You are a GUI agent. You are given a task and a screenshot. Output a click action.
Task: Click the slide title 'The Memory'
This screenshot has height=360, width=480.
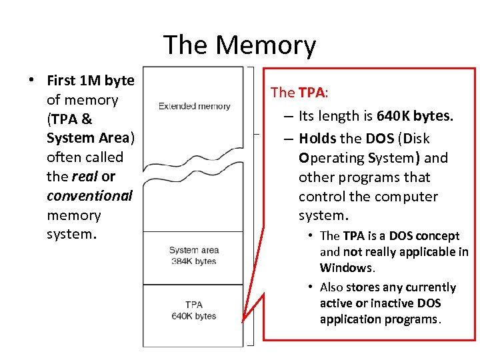239,45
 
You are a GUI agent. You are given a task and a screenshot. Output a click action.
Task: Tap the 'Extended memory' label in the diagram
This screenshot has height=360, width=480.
194,106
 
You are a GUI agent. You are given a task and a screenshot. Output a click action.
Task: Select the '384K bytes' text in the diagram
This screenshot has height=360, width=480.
194,261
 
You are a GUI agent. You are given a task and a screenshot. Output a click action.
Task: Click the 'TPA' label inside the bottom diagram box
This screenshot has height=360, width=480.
194,305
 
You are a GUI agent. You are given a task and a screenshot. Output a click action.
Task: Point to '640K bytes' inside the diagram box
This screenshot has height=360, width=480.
194,316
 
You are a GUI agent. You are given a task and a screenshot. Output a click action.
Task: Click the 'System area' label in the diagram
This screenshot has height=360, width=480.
194,251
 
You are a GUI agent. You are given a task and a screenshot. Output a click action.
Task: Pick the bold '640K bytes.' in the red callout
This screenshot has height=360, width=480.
415,116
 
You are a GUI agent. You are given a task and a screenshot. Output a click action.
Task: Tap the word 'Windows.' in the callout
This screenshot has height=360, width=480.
347,268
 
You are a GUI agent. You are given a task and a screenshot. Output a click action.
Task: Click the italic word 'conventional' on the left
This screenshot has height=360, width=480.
89,196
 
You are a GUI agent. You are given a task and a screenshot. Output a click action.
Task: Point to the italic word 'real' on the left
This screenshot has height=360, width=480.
85,177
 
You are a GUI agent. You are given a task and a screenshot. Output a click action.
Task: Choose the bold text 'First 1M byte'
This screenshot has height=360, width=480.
91,81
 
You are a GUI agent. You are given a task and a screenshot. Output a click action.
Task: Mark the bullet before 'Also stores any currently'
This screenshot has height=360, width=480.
311,287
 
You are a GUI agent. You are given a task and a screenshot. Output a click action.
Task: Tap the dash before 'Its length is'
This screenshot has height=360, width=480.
288,117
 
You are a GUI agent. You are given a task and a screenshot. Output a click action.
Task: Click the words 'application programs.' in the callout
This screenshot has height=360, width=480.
380,319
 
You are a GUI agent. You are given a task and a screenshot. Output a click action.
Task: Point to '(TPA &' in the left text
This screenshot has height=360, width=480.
69,119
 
